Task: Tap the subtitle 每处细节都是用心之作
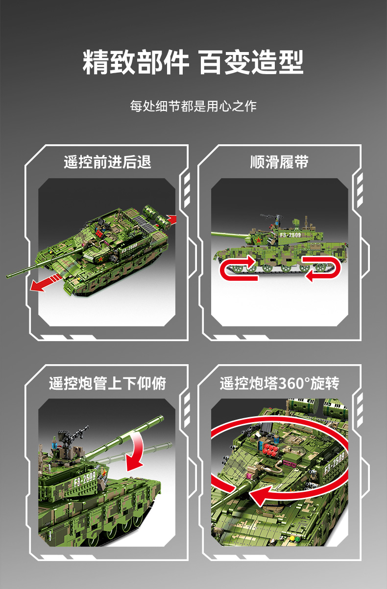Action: [193, 106]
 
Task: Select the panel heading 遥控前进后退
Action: [107, 161]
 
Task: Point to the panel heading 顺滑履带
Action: [279, 161]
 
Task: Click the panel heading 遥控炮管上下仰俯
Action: [107, 383]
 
